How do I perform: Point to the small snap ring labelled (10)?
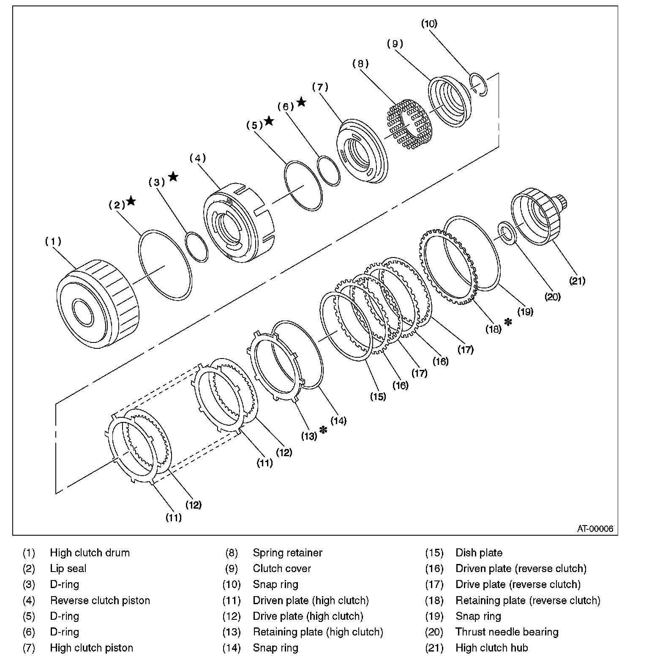479,84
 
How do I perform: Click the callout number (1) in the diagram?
53,241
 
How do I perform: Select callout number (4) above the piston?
197,158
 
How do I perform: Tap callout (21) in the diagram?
577,280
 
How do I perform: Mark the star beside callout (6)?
301,102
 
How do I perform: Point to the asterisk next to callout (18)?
508,322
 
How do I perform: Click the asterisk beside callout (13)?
324,430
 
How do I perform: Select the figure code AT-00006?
595,528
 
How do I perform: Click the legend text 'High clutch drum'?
90,553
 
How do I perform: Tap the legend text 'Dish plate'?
479,553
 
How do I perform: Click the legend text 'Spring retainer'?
287,553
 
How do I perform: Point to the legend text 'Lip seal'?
68,569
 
